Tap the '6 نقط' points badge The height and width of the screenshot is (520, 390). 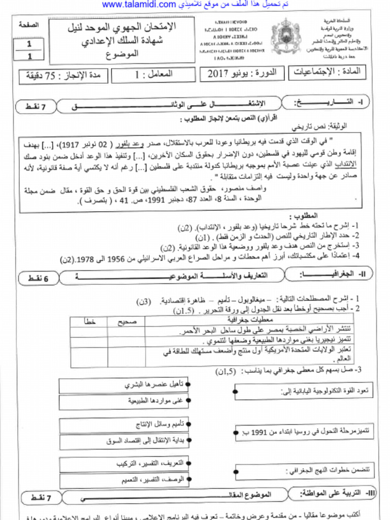pyautogui.click(x=38, y=278)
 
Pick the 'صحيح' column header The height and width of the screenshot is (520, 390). pyautogui.click(x=125, y=321)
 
